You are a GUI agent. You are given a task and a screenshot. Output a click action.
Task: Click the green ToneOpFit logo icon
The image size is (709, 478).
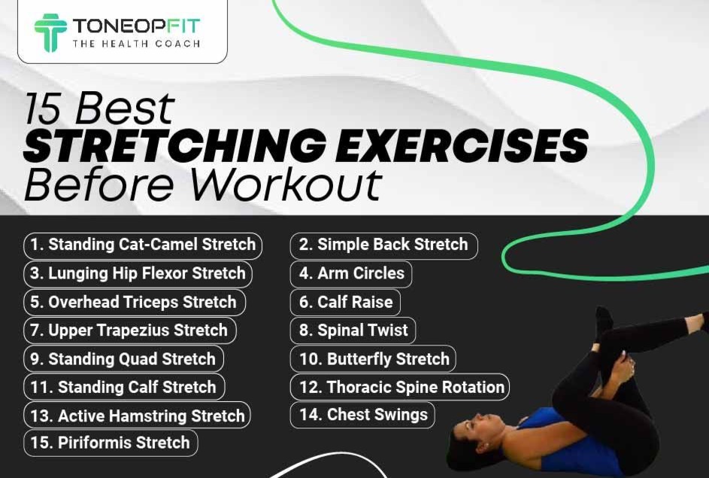(50, 32)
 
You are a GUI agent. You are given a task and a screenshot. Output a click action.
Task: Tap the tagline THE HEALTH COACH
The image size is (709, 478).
(137, 44)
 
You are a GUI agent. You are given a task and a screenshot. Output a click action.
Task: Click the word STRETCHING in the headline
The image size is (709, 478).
(174, 145)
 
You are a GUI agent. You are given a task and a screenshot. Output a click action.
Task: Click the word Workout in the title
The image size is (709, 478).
(286, 184)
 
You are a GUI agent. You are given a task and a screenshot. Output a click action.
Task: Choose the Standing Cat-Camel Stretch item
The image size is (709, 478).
(143, 245)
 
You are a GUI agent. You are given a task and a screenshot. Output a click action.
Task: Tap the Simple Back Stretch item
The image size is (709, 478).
(383, 245)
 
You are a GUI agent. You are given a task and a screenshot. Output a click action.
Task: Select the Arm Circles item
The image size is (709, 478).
(351, 274)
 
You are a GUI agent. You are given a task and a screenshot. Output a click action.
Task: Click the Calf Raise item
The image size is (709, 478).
(345, 302)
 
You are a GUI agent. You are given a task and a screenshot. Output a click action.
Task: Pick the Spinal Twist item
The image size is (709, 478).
(353, 330)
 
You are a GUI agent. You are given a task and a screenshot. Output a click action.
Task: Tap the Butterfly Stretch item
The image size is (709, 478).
(373, 359)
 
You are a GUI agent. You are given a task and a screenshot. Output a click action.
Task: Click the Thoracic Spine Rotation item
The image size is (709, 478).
(400, 387)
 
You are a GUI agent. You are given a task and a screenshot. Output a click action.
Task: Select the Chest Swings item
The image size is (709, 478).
(362, 415)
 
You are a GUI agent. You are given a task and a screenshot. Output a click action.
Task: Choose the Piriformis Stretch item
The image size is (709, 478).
(111, 443)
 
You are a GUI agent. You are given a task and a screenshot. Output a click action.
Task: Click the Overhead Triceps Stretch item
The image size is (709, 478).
(135, 302)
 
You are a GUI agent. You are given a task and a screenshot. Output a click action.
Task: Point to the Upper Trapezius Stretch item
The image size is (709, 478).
(130, 330)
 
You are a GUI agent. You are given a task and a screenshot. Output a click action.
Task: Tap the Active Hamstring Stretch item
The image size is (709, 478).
(137, 415)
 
